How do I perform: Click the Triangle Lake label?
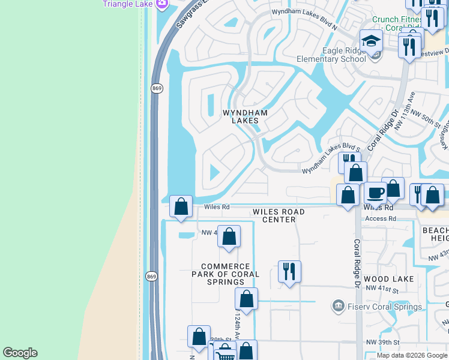click(x=128, y=4)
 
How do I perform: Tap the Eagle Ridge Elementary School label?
click(x=331, y=55)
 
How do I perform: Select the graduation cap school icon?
click(x=372, y=41)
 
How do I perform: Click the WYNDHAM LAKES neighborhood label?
click(x=245, y=116)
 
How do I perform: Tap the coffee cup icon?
click(x=375, y=193)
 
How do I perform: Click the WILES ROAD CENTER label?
click(x=279, y=216)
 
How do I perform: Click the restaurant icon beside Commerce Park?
click(x=289, y=271)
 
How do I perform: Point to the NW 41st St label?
click(x=382, y=289)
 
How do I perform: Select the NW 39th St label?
click(x=382, y=342)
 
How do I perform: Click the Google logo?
click(x=20, y=353)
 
